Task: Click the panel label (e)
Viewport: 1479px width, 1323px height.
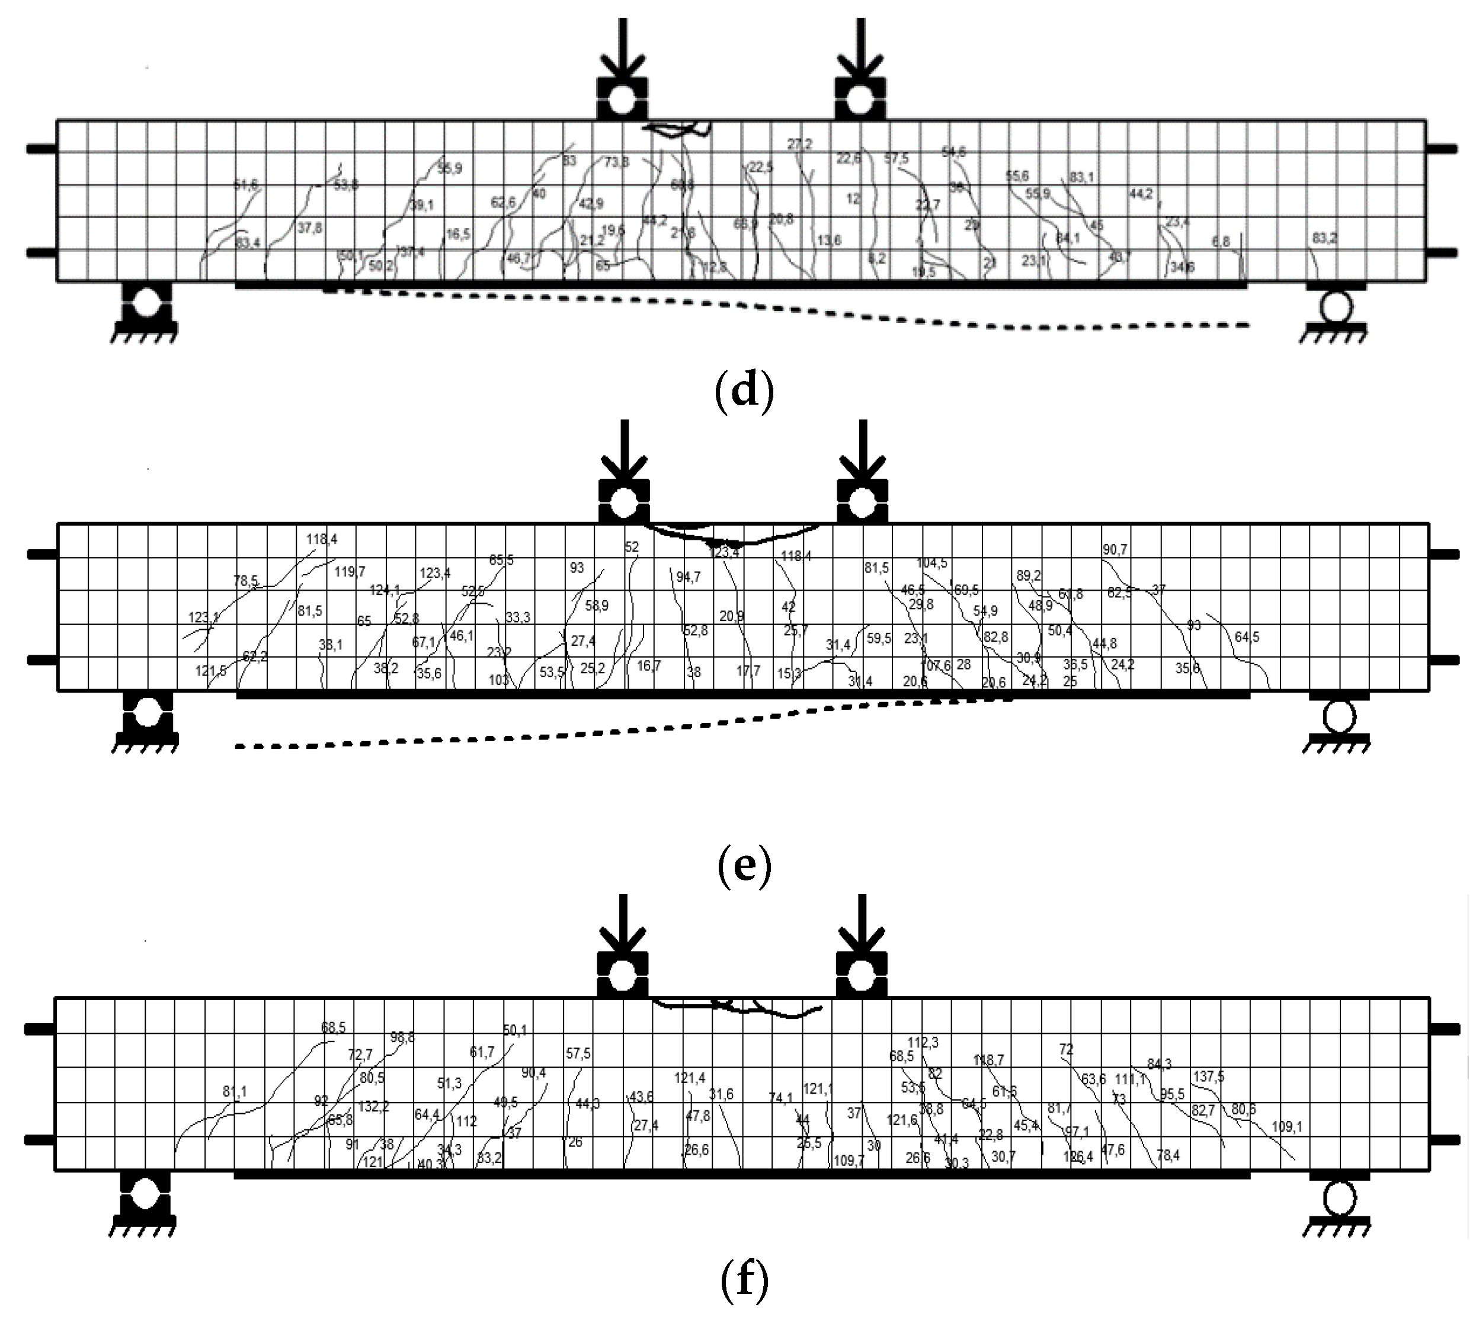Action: pos(744,866)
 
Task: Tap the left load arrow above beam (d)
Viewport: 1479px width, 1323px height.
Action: pos(622,51)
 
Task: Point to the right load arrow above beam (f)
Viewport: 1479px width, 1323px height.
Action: pos(862,927)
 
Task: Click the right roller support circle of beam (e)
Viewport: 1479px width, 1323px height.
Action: pos(1339,717)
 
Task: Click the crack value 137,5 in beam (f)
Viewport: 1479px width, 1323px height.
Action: pos(1209,1076)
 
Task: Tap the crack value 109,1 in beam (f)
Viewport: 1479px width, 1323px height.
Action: pos(1287,1127)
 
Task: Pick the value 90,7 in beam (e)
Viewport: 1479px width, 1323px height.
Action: pos(1115,550)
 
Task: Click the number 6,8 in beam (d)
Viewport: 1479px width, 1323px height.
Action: pos(1221,241)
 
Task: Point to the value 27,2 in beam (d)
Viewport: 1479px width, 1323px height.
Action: pos(799,144)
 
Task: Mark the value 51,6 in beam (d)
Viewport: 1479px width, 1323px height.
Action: pos(246,185)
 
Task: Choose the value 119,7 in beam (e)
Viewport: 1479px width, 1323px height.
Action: pos(350,571)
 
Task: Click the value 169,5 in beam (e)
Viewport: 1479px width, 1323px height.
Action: pos(966,590)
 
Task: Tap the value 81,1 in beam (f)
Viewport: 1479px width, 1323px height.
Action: pos(235,1091)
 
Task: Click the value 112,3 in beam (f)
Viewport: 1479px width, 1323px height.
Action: pos(923,1042)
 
